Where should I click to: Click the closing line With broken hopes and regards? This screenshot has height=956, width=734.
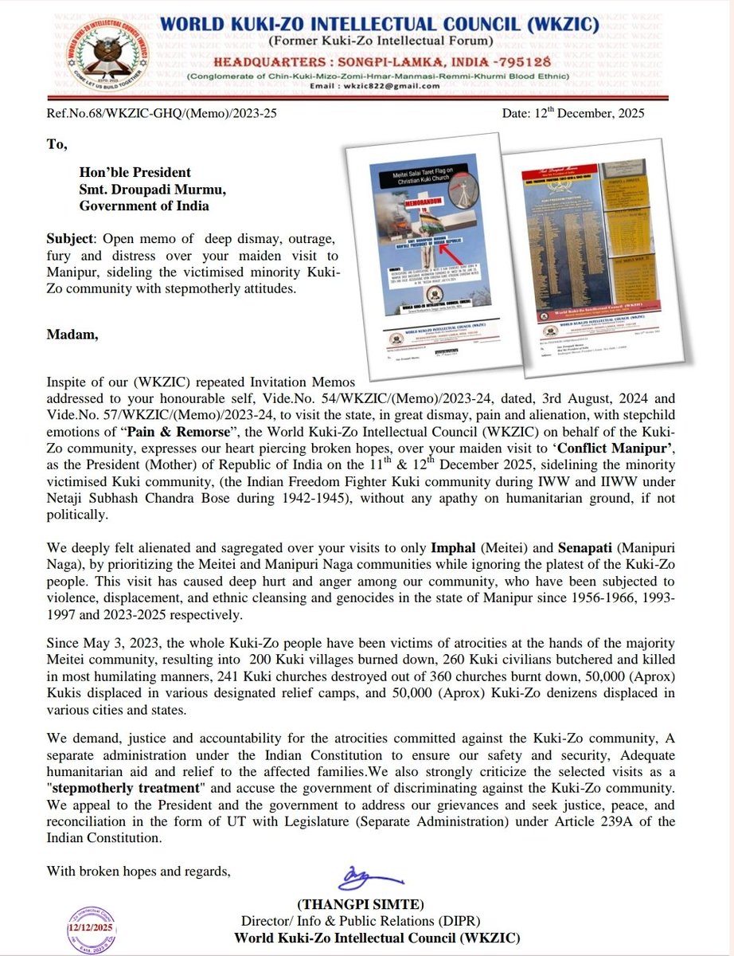pos(139,870)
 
